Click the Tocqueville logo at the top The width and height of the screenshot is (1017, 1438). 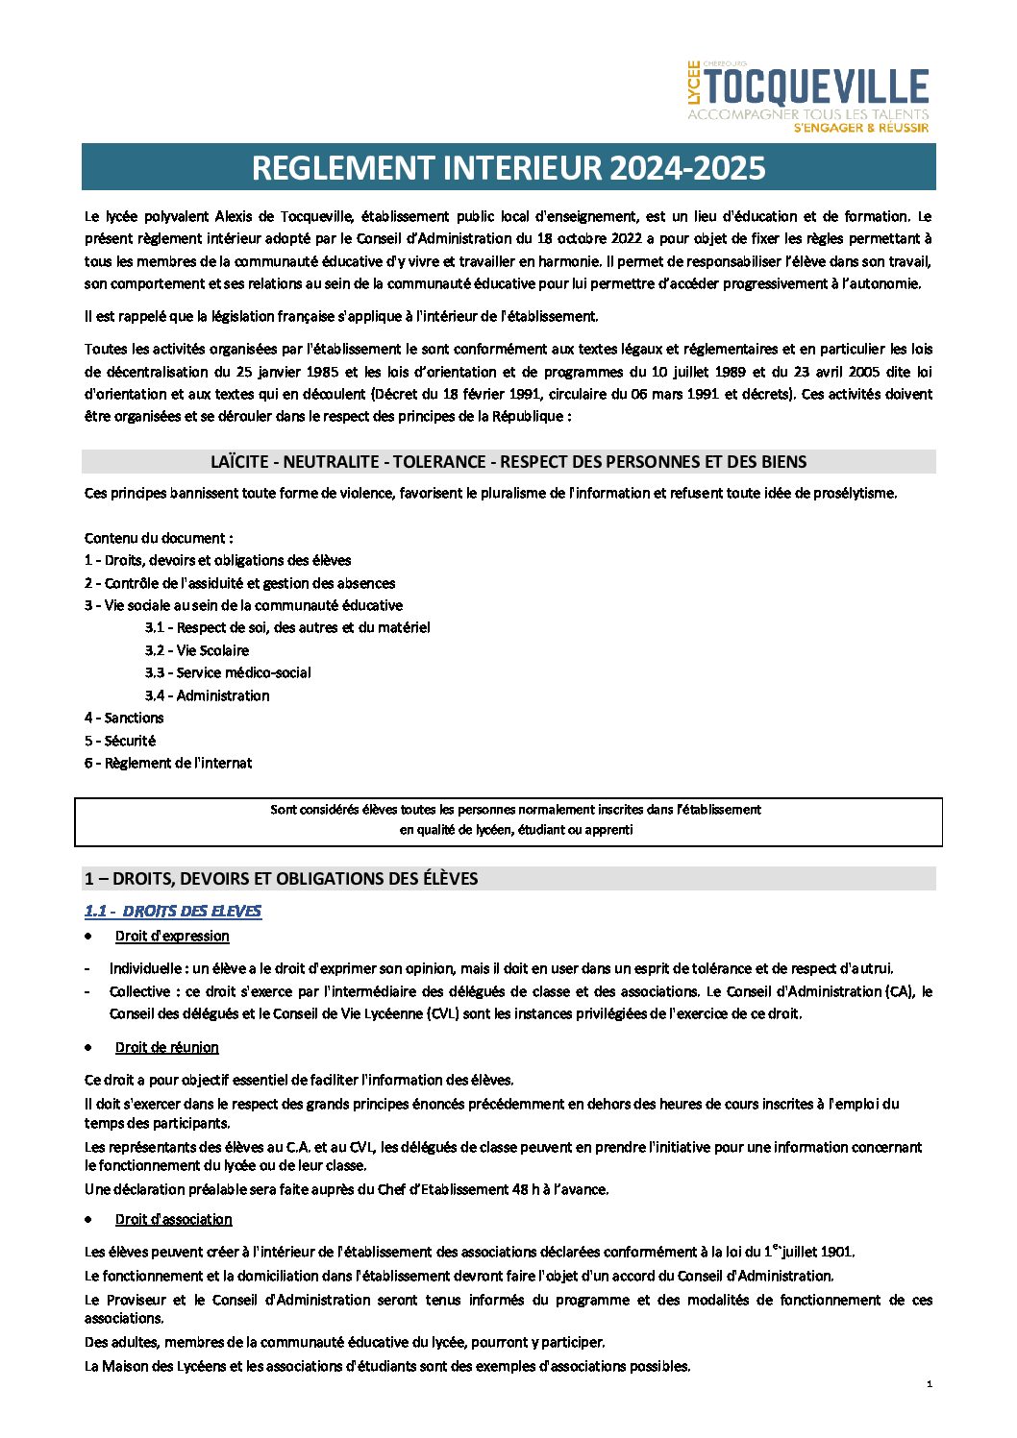815,88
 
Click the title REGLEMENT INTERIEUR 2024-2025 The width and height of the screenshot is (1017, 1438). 508,168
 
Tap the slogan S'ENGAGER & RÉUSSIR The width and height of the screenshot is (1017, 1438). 861,128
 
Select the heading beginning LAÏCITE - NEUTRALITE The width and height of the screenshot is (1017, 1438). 508,462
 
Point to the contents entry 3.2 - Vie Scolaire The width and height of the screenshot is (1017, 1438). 197,650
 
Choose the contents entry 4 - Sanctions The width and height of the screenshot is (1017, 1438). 124,718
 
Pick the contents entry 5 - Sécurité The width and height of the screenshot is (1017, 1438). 120,741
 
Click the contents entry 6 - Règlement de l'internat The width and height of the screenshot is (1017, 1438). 168,763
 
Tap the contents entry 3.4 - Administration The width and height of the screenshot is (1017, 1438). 208,695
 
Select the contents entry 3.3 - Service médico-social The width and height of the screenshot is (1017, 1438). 228,672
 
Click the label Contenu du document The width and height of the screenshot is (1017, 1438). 159,538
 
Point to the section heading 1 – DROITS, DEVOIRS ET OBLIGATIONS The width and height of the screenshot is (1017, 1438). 281,879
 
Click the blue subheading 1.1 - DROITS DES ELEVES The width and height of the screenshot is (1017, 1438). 173,911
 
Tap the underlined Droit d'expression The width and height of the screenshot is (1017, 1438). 172,936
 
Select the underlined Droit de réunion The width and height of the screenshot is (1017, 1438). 167,1047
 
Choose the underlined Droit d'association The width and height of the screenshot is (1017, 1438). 174,1219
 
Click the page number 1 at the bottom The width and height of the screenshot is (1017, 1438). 930,1384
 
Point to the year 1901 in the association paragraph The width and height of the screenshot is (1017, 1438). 835,1252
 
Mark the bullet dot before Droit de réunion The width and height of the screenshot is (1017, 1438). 89,1047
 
